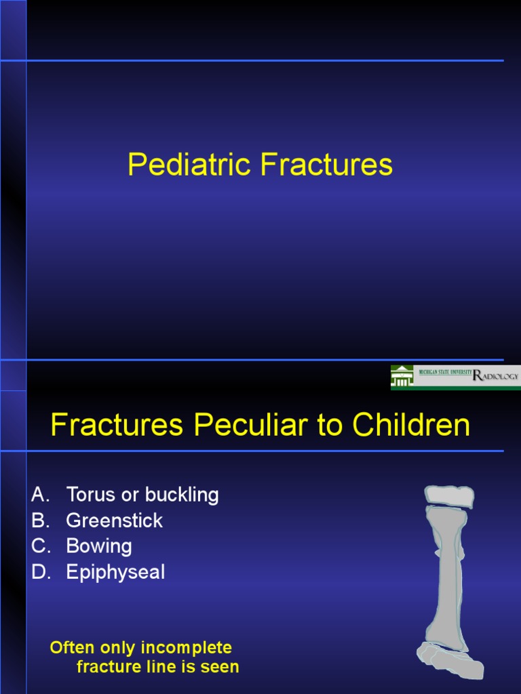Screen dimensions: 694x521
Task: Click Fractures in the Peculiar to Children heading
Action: pyautogui.click(x=117, y=425)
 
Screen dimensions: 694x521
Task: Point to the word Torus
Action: pyautogui.click(x=90, y=495)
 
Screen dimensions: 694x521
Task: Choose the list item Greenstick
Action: pyautogui.click(x=115, y=520)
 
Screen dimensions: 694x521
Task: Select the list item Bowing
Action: pyautogui.click(x=99, y=546)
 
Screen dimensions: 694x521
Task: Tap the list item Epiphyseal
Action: pyautogui.click(x=115, y=572)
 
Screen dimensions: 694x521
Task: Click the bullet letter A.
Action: pyautogui.click(x=38, y=495)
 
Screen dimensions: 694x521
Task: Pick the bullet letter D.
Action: pyautogui.click(x=39, y=572)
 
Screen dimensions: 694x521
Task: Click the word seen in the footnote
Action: pyautogui.click(x=222, y=667)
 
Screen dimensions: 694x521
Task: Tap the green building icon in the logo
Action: pyautogui.click(x=402, y=377)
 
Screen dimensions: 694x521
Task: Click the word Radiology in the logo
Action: pyautogui.click(x=496, y=375)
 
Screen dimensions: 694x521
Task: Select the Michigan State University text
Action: pyautogui.click(x=445, y=373)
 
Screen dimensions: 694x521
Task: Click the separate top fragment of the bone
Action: pyautogui.click(x=449, y=495)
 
